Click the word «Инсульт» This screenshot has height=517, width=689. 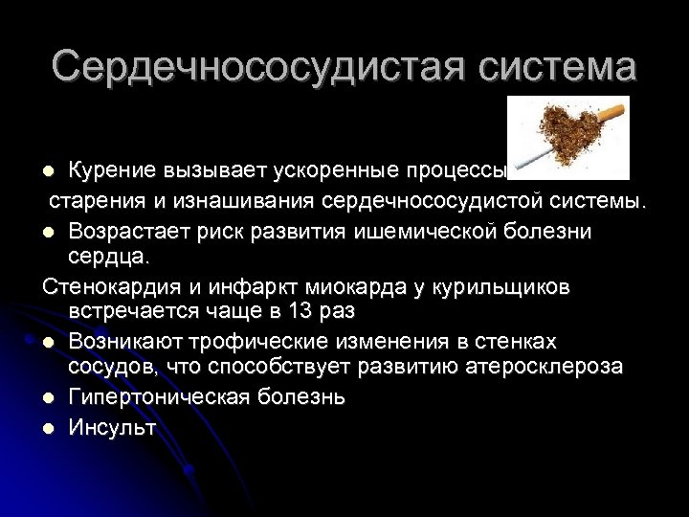pyautogui.click(x=112, y=427)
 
